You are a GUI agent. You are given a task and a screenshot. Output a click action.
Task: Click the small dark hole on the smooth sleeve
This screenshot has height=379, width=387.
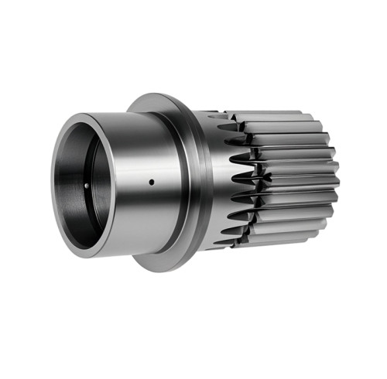(151, 183)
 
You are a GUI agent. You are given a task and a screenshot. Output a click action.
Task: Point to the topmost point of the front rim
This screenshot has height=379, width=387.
(91, 114)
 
